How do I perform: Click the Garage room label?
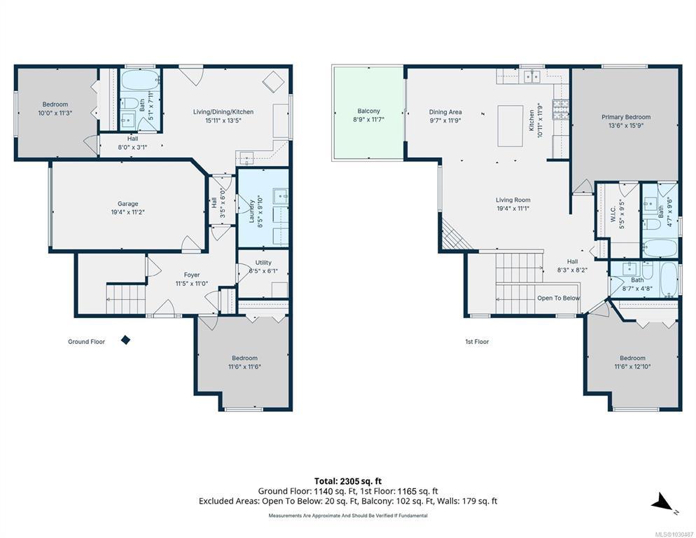[x=128, y=204]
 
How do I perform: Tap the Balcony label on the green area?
[x=368, y=111]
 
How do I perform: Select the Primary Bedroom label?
[x=626, y=117]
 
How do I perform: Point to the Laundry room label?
[x=251, y=211]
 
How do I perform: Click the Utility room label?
[x=263, y=263]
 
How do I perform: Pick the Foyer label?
[x=192, y=275]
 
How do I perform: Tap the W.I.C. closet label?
[x=613, y=214]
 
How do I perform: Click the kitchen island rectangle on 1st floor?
[x=510, y=125]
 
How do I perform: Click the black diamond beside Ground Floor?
[x=126, y=340]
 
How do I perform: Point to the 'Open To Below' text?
[x=558, y=298]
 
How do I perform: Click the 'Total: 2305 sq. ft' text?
[x=348, y=481]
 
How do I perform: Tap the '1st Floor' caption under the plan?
[x=477, y=342]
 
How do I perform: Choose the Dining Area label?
[x=445, y=112]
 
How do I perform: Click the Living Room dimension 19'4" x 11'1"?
[x=513, y=208]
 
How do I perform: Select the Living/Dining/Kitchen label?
[x=223, y=111]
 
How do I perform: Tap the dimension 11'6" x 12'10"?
[x=632, y=366]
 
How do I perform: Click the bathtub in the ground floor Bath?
[x=139, y=81]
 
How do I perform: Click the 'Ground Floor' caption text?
[x=86, y=342]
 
